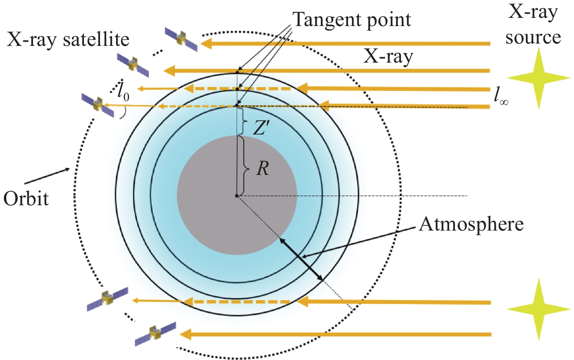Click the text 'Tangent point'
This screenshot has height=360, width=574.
point(352,19)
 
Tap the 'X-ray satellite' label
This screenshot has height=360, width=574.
point(68,39)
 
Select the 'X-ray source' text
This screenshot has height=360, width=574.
point(533,25)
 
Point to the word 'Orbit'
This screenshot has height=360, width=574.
point(26,199)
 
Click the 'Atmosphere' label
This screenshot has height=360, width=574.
point(471,224)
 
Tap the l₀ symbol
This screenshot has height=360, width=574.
point(123,93)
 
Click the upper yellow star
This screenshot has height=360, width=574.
point(539,78)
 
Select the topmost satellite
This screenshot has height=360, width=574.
point(181,39)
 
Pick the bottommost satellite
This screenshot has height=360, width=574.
point(155,334)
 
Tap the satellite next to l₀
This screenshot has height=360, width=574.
point(98,105)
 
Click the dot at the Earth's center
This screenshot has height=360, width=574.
point(236,196)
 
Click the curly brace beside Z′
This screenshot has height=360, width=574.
point(244,121)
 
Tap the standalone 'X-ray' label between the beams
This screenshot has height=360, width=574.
point(388,57)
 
